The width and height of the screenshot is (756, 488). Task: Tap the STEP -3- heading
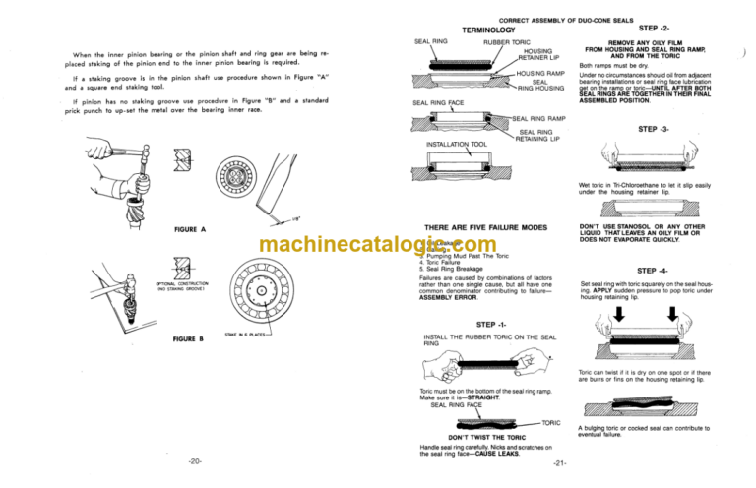(655, 129)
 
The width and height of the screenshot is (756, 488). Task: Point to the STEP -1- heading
(492, 325)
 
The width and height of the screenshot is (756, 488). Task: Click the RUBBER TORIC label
(507, 43)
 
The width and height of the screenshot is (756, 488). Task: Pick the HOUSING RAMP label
(538, 74)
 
